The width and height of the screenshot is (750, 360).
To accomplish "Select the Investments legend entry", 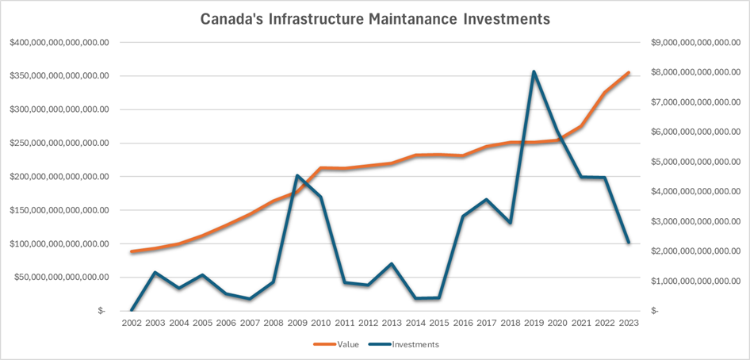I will (411, 345).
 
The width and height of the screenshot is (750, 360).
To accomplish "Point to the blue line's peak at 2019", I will (534, 71).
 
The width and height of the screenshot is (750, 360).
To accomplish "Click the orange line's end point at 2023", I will (629, 72).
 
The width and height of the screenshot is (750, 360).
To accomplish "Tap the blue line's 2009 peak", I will (297, 175).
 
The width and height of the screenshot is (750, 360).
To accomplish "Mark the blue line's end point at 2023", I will (629, 243).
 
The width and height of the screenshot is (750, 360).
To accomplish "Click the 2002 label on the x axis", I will (131, 324).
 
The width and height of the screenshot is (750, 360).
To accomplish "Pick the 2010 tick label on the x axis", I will (320, 324).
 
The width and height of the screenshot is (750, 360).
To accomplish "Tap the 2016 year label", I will (462, 324).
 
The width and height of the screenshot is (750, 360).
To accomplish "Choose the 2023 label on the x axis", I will (629, 324).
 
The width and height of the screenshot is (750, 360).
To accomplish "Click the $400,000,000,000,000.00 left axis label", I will (59, 42).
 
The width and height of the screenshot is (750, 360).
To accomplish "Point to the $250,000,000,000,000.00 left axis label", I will (59, 143).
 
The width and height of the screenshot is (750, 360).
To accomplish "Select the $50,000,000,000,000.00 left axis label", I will (63, 277).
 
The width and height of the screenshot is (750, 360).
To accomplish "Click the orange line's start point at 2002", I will (131, 251).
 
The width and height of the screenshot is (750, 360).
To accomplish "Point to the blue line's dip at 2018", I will (510, 223).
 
